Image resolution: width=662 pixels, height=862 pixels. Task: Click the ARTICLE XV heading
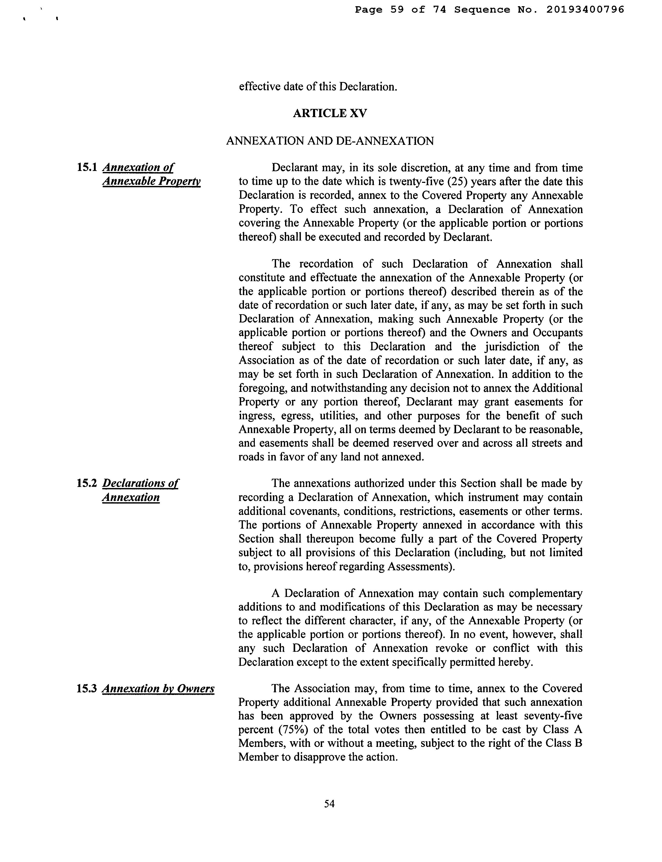click(330, 114)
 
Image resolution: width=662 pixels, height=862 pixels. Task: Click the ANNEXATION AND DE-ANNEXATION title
click(330, 141)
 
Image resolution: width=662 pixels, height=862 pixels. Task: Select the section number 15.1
click(87, 167)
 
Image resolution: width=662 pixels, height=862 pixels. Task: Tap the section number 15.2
click(87, 483)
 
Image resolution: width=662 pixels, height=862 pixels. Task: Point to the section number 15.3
click(87, 689)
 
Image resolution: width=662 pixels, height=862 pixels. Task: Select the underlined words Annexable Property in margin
click(151, 181)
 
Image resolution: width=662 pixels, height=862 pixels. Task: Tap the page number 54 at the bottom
click(329, 804)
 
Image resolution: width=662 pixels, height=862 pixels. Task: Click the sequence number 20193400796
click(585, 10)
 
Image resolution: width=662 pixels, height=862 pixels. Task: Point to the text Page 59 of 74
click(400, 10)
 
